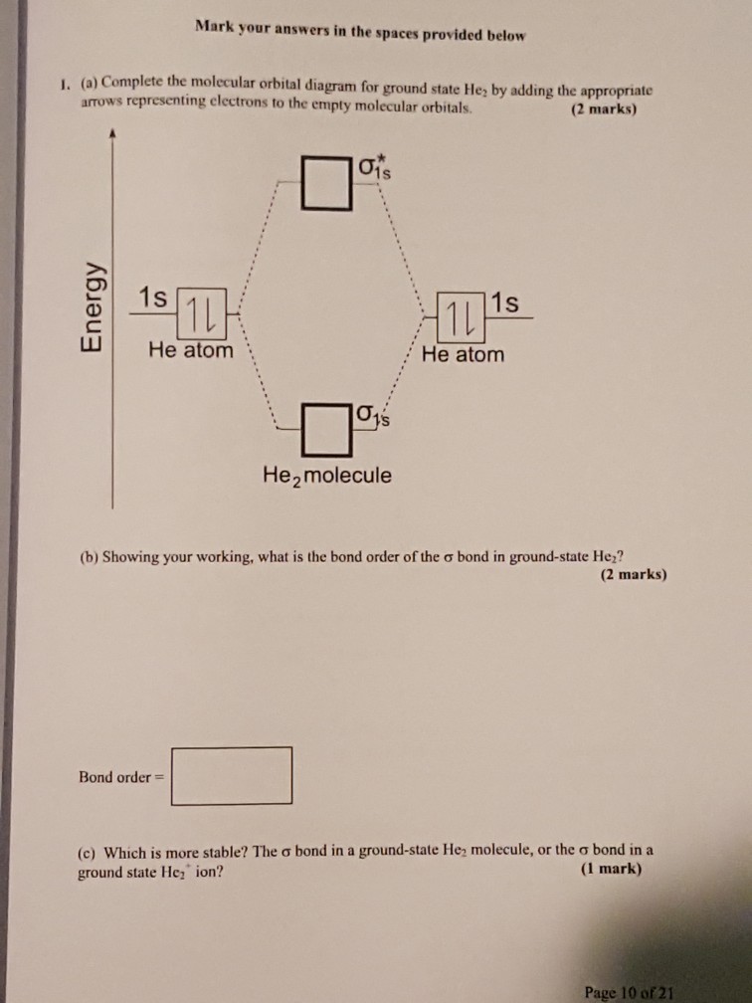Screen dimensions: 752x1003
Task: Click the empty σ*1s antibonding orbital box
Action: click(326, 183)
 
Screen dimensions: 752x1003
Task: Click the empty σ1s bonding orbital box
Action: click(326, 429)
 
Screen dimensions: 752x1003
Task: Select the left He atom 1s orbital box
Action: click(201, 314)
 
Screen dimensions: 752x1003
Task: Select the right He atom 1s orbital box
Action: click(461, 317)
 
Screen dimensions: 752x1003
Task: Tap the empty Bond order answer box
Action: click(232, 775)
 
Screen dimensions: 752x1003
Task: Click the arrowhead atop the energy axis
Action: click(112, 133)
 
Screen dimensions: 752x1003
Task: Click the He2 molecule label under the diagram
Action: click(326, 477)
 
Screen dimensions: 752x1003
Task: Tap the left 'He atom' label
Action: click(191, 350)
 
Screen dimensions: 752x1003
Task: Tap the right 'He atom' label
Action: click(463, 354)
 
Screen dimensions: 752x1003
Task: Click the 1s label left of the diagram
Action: click(153, 298)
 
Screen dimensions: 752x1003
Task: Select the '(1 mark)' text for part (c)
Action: click(611, 869)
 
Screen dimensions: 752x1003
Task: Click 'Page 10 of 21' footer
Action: click(630, 993)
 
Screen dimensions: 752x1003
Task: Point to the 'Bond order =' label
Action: click(121, 777)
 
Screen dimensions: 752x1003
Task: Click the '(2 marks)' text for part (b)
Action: click(634, 574)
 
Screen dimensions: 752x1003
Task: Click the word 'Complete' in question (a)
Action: click(131, 82)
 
